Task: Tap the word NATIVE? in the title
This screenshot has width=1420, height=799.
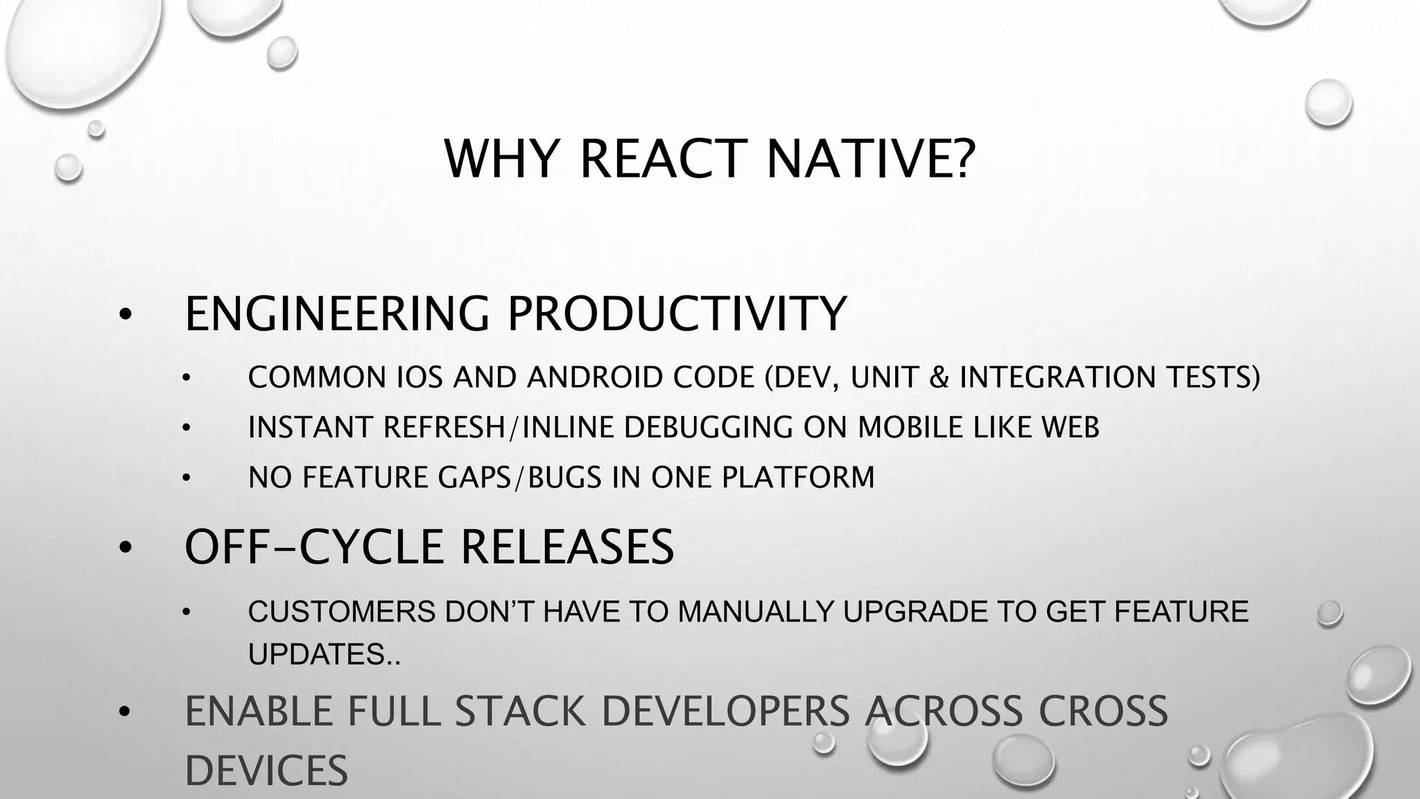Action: [870, 160]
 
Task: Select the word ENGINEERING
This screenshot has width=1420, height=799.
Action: [338, 313]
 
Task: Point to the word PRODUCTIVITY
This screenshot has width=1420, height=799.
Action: [677, 313]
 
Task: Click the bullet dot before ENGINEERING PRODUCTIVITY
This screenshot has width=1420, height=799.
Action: [124, 315]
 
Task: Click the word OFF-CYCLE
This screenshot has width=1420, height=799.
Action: [313, 547]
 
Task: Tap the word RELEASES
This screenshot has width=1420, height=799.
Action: [567, 547]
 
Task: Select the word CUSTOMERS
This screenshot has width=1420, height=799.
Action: [342, 612]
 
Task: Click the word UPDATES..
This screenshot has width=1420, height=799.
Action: [320, 655]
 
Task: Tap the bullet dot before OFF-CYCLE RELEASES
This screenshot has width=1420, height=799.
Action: [124, 548]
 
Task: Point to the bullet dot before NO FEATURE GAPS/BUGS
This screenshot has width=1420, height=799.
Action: [186, 479]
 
